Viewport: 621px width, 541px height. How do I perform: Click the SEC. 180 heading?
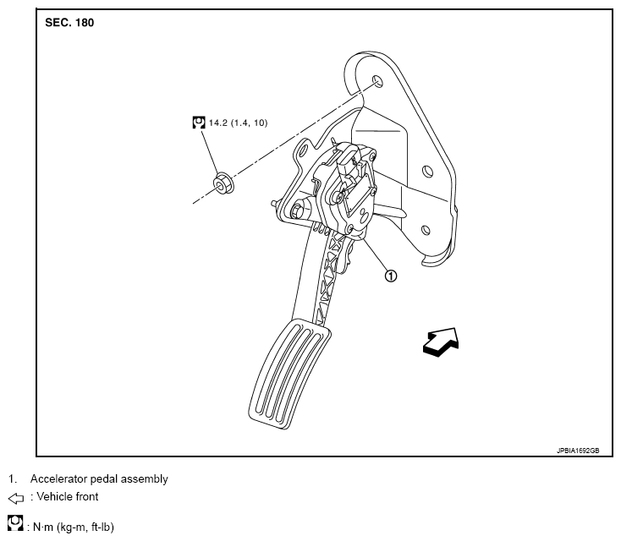coord(69,23)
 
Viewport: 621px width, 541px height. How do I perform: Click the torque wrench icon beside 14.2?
coord(199,123)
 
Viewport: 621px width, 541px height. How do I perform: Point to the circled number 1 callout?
coord(390,274)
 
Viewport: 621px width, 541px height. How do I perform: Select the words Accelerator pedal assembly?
coord(99,479)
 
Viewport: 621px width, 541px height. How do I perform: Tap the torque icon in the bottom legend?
coord(14,526)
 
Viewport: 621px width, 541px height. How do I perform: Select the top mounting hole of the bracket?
coord(377,81)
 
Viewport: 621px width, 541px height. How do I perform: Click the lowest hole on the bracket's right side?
coord(424,227)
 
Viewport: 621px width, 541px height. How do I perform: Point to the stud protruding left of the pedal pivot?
coord(277,204)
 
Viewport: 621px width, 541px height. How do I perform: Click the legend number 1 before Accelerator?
coord(12,479)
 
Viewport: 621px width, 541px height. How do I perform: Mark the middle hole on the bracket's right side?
coord(429,172)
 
